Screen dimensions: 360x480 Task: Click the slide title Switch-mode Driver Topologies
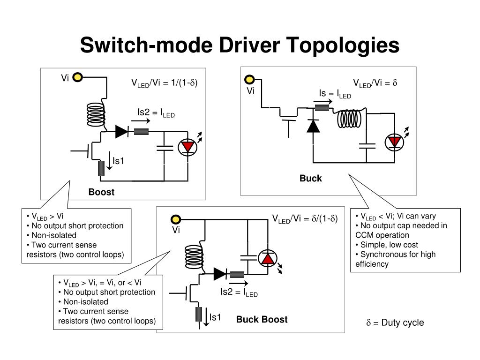[240, 45]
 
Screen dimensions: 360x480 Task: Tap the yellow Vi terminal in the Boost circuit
[78, 78]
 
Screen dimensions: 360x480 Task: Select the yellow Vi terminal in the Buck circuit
[250, 80]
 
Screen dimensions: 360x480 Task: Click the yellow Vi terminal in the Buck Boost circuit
[175, 219]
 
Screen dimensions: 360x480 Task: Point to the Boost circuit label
[101, 192]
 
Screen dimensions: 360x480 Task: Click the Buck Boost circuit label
[262, 320]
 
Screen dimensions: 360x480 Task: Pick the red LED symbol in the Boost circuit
[188, 147]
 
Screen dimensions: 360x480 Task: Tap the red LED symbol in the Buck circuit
[395, 142]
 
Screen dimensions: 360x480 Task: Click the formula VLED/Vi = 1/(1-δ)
[164, 83]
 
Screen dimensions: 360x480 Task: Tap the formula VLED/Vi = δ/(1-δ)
[305, 218]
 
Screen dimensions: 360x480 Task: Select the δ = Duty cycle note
[395, 322]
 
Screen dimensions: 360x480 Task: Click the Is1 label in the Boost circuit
[118, 161]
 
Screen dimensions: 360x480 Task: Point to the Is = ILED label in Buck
[335, 94]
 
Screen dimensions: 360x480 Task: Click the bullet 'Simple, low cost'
[386, 245]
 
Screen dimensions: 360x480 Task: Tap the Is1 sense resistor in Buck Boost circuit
[198, 314]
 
